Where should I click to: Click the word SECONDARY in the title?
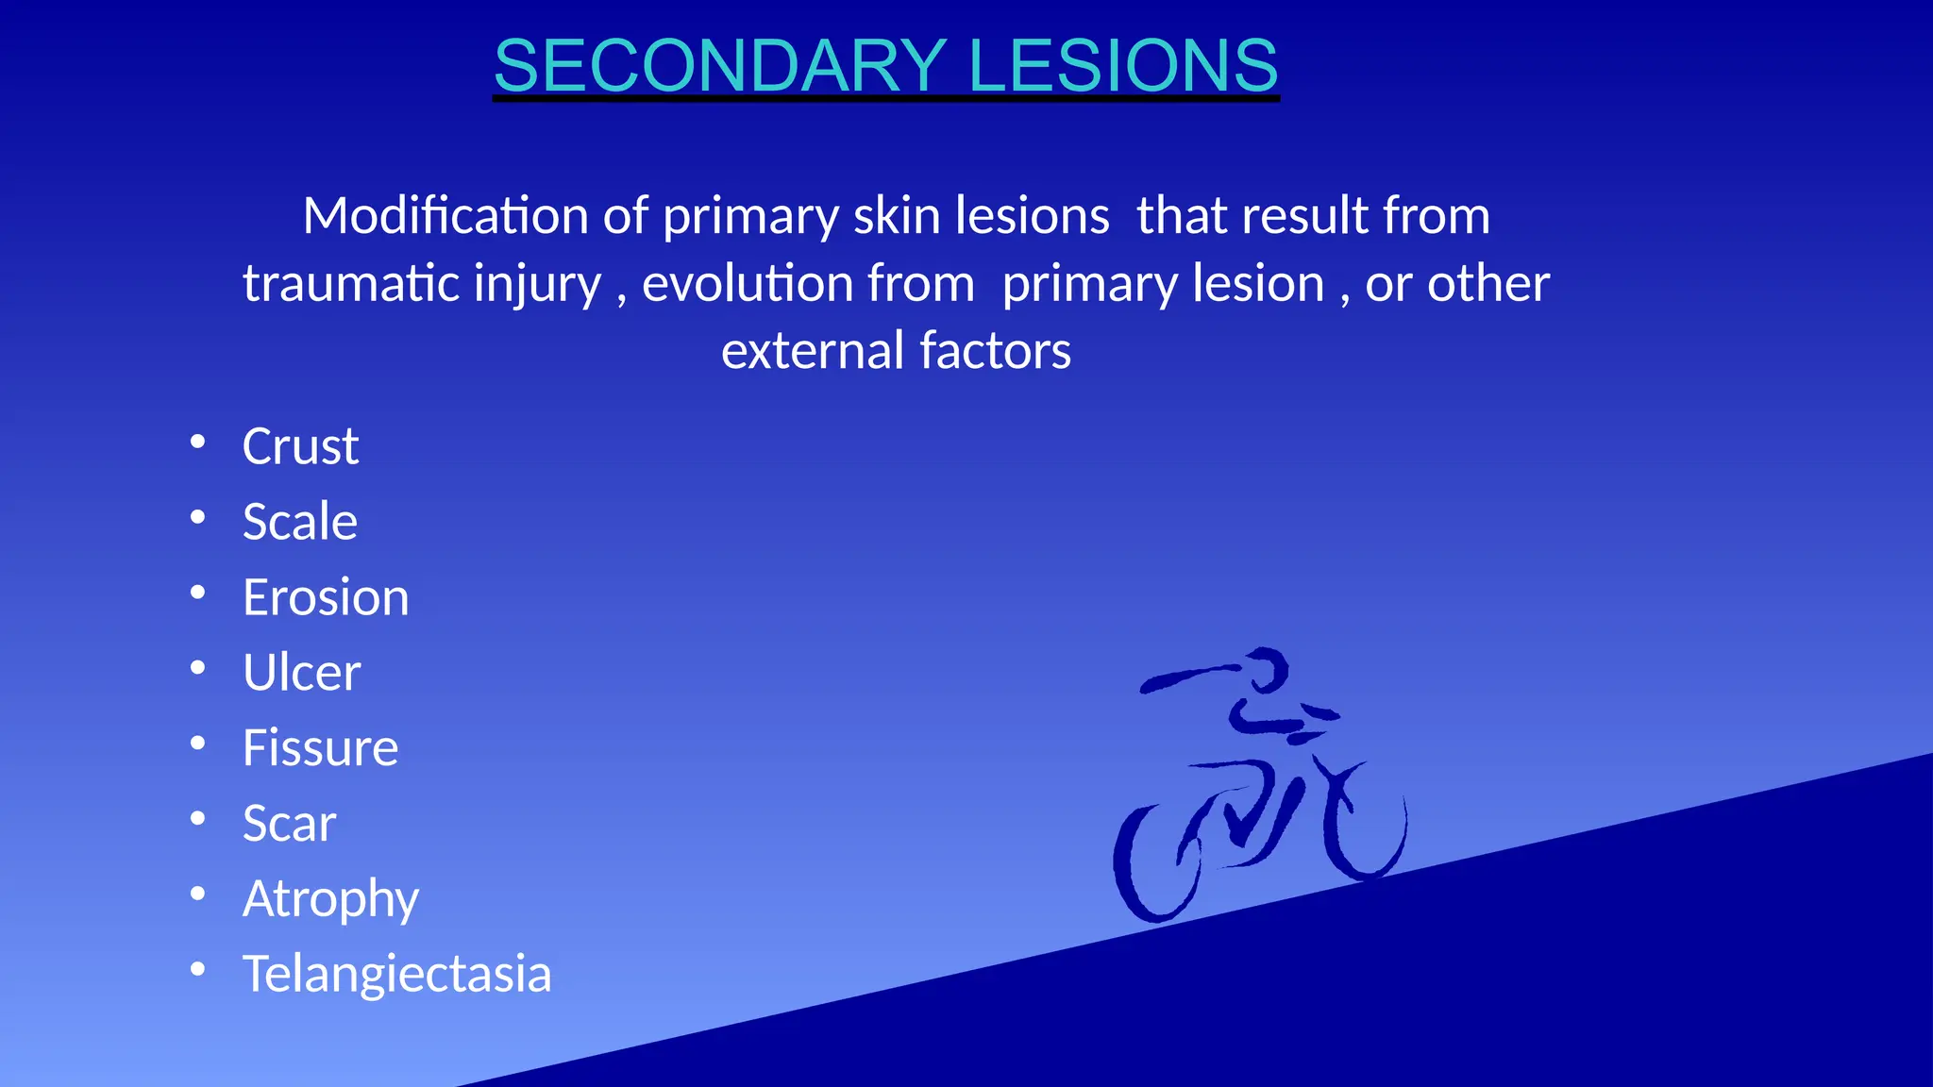[x=719, y=65]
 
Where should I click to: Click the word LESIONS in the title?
[x=1122, y=65]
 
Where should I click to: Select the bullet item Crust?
[x=300, y=446]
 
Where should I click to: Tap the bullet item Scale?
[x=300, y=522]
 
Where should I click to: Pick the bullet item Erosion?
[x=326, y=597]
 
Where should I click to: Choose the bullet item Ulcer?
[x=301, y=673]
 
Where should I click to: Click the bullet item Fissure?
[x=320, y=748]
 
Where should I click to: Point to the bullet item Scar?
[x=289, y=824]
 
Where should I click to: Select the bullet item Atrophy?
[x=330, y=899]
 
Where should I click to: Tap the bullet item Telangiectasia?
[x=396, y=974]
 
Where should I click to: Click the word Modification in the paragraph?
[x=445, y=216]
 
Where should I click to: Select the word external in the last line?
[x=813, y=351]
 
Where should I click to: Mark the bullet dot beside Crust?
[x=197, y=442]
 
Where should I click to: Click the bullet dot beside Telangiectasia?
[x=197, y=969]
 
